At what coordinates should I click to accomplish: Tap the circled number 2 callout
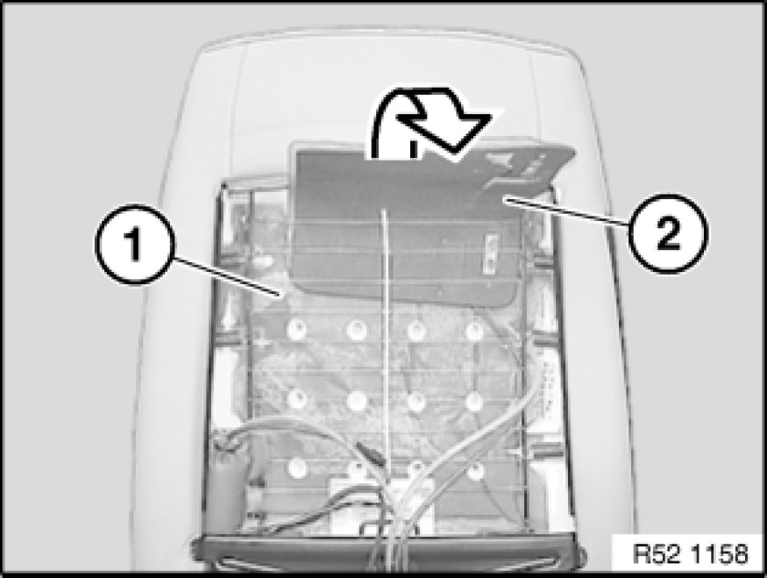coord(668,233)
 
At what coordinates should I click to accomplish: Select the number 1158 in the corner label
coord(721,554)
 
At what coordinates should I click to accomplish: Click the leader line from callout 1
coord(224,277)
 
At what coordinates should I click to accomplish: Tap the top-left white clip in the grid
coord(296,330)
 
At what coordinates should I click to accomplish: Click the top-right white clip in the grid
coord(473,331)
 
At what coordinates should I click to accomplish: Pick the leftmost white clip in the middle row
coord(296,399)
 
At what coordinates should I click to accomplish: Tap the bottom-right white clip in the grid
coord(474,471)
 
